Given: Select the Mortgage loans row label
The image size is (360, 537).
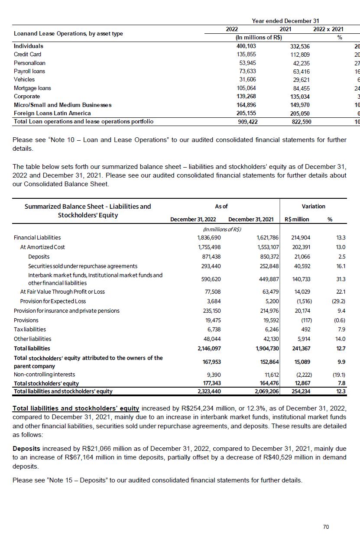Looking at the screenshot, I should (32, 88).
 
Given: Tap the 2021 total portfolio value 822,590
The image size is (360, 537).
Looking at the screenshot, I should (300, 122).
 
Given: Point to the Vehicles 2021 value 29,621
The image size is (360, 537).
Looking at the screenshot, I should (300, 80).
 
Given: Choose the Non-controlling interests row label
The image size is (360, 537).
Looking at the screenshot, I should (44, 374).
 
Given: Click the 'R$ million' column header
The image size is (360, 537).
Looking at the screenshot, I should (297, 219).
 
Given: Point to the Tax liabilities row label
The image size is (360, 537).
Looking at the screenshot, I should (30, 330).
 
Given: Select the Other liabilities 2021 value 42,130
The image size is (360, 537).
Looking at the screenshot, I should (269, 339).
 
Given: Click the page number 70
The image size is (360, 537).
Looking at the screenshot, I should (326, 527).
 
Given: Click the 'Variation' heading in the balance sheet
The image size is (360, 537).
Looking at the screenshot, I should (313, 207).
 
